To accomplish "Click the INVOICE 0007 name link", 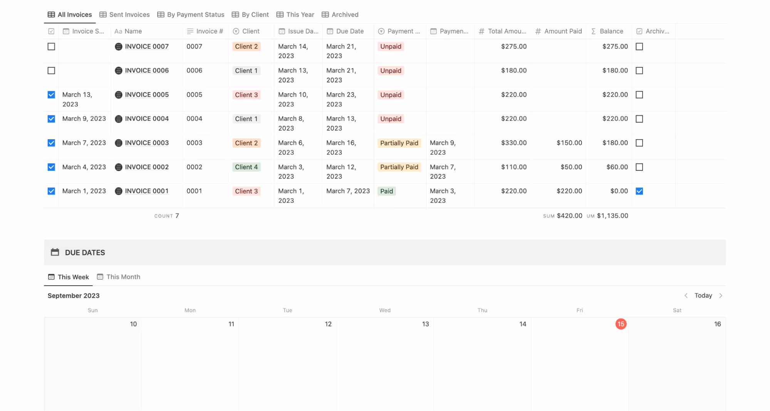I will [147, 47].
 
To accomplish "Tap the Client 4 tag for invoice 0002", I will [246, 167].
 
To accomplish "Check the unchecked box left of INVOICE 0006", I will [51, 71].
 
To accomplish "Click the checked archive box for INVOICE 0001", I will [639, 191].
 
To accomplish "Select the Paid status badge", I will [386, 191].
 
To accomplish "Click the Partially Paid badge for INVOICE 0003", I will [399, 143].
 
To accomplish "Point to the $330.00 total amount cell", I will [513, 143].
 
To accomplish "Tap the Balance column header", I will [611, 31].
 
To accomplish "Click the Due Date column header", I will [349, 31].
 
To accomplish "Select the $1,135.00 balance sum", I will [612, 216].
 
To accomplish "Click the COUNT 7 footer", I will [167, 216].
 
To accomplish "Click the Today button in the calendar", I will [703, 295].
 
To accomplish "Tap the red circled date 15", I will [621, 324].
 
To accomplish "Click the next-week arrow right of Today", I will [721, 295].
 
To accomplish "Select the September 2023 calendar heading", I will [74, 296].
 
